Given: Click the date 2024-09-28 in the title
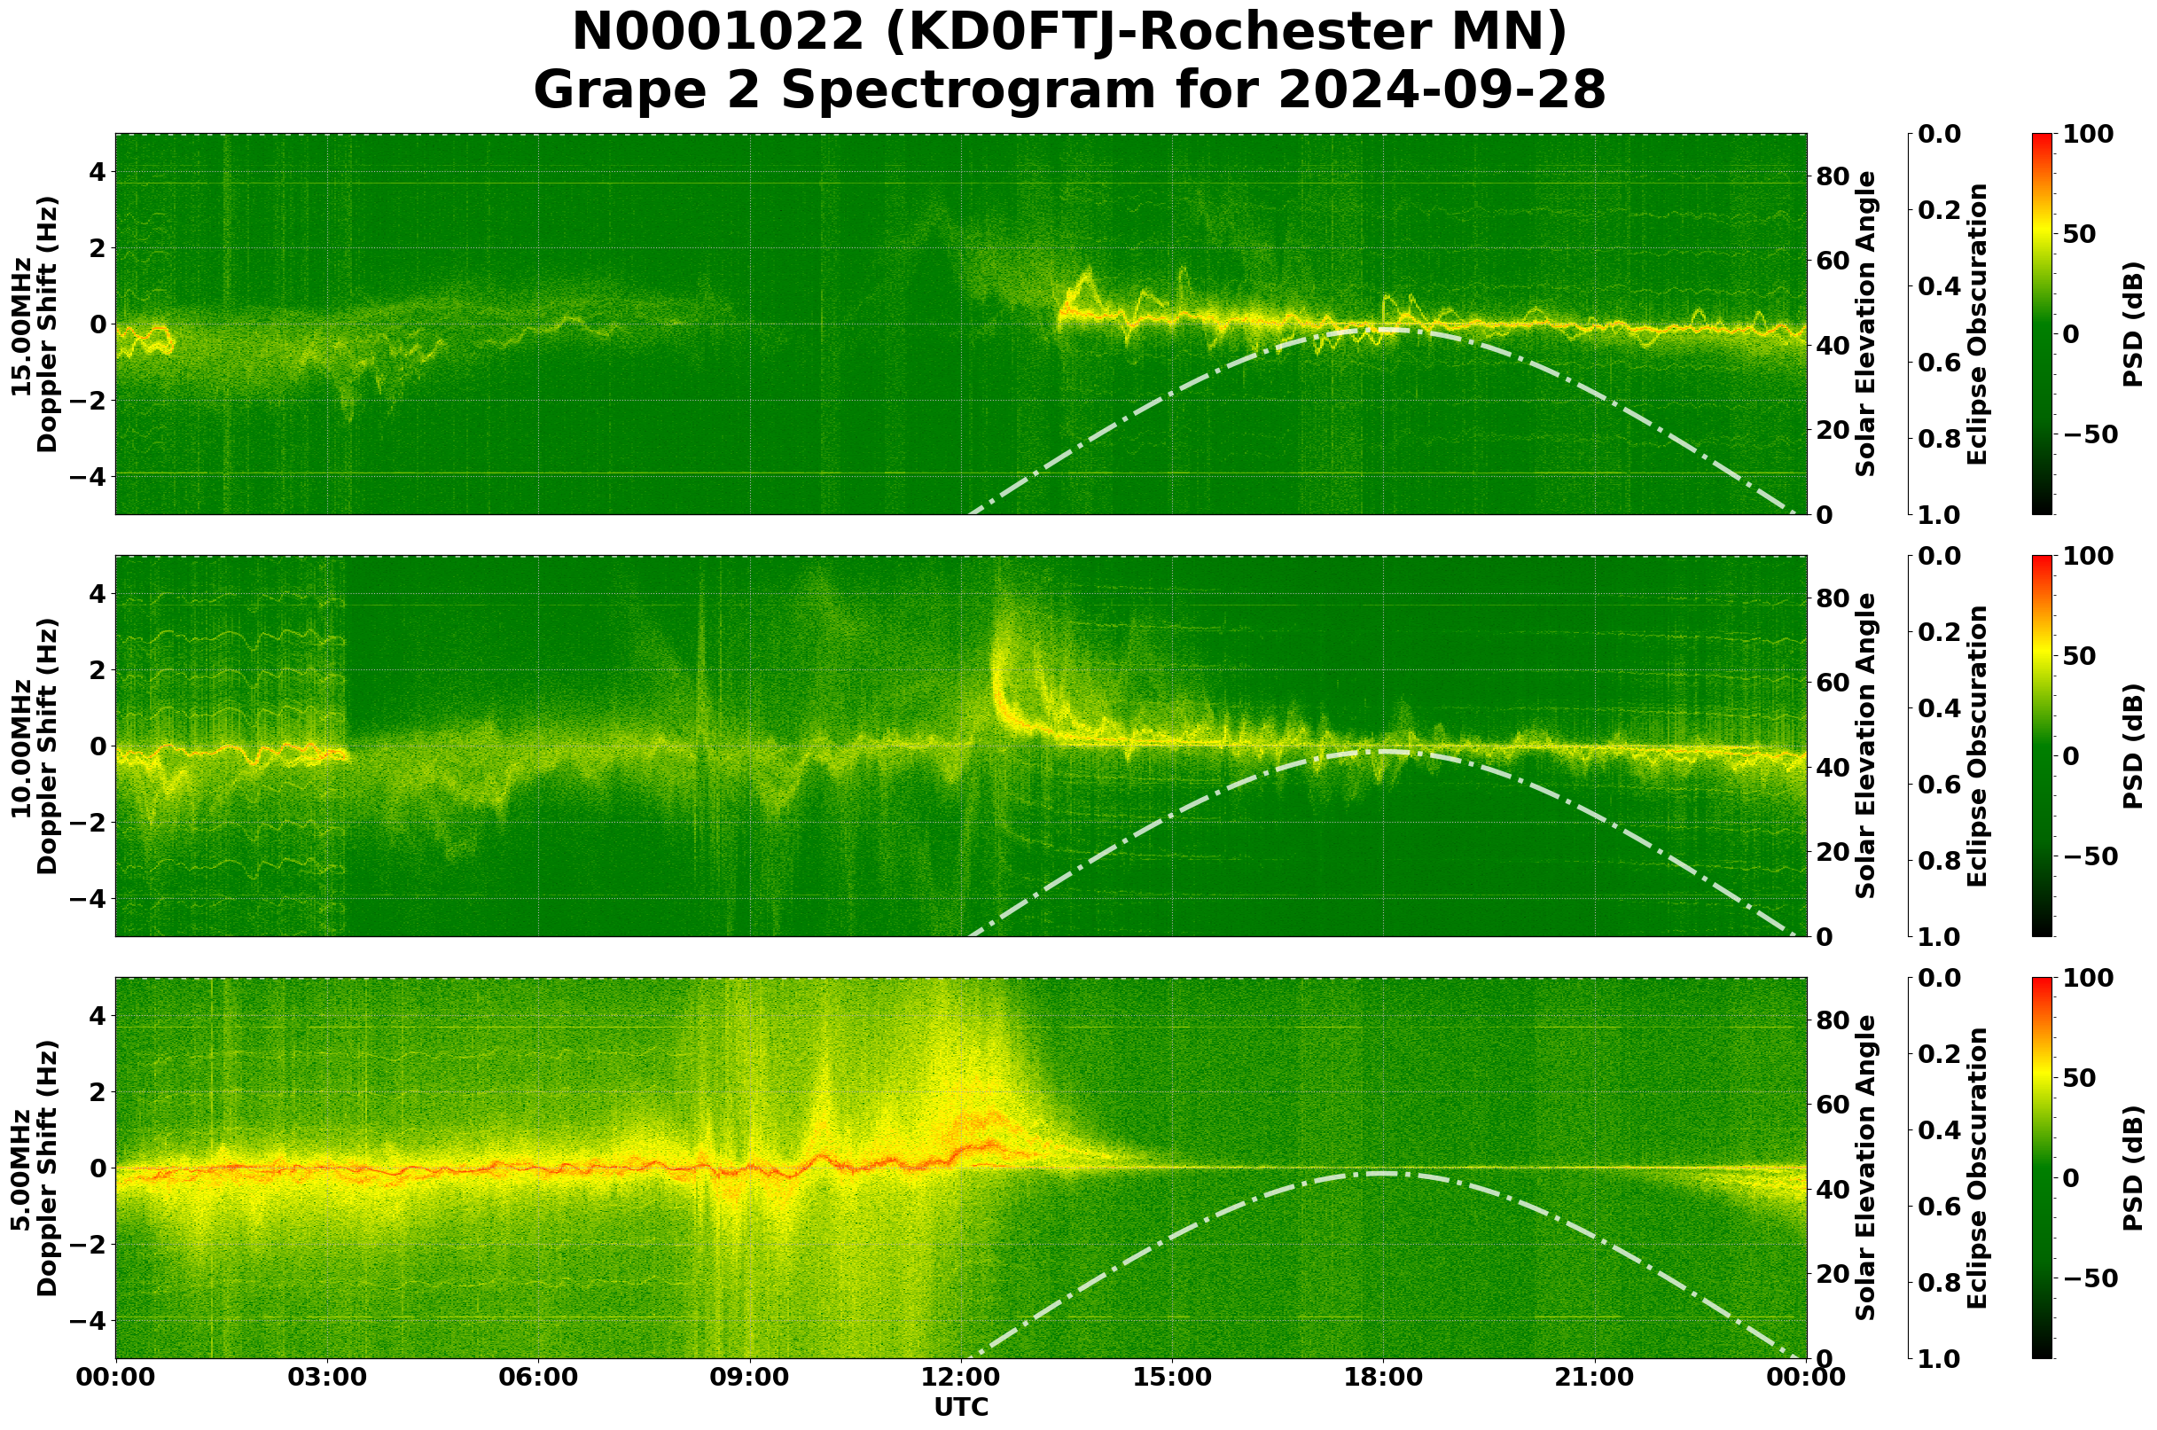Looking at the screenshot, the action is pos(1442,90).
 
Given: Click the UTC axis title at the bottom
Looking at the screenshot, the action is pos(961,1407).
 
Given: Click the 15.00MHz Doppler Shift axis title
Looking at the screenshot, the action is pos(34,324).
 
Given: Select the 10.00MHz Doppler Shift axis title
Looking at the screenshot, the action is pos(34,746).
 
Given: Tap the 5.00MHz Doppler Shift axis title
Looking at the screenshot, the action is pos(34,1168).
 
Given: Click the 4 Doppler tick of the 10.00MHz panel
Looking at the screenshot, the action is pos(97,594).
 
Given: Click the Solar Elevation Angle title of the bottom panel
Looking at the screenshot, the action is pos(1866,1168).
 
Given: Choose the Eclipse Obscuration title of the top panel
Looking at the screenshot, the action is pos(1977,324).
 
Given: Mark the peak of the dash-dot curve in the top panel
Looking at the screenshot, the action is pos(1384,330).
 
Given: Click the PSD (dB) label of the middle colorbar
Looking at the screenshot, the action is pos(2133,746).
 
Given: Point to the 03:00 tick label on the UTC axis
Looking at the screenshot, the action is pos(326,1377).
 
